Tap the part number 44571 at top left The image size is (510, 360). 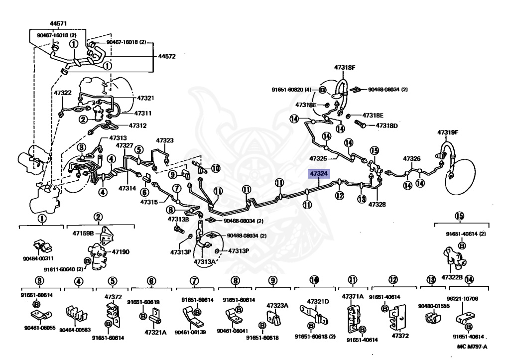coord(59,23)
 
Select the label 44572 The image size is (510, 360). coord(167,57)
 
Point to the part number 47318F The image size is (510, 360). coord(344,67)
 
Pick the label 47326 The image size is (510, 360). coord(412,159)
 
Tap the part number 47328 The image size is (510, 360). coord(377,204)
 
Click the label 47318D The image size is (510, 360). coord(387,125)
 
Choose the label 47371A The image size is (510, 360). coord(353,296)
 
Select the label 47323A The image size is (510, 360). coord(277,305)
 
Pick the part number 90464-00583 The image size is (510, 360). coord(75,329)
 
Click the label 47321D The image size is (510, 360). coord(318,301)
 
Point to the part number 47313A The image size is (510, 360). coord(205,261)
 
